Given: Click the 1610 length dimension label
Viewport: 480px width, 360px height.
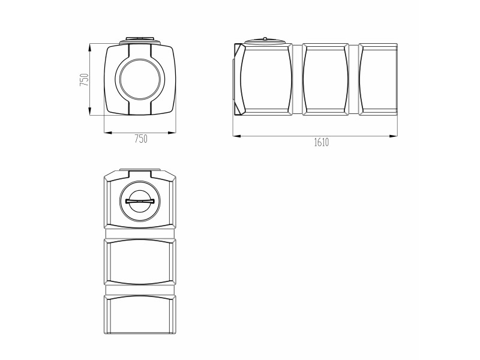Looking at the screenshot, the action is (x=322, y=142).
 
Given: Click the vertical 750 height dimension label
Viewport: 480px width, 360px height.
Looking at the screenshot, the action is (x=84, y=80).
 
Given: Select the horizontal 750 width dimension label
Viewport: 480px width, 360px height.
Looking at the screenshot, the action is (x=141, y=139).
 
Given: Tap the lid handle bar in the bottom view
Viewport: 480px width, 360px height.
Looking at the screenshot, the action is (x=140, y=201).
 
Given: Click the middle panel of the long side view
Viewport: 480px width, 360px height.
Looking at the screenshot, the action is (x=326, y=79).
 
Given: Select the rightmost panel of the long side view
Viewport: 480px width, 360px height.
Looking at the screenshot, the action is (x=378, y=79).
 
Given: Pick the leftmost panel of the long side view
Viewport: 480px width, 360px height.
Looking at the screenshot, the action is (x=266, y=79).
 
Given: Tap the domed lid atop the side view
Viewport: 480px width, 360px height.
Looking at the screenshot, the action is (x=265, y=41).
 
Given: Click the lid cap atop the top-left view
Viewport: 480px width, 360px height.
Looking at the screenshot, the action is (x=140, y=40).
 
